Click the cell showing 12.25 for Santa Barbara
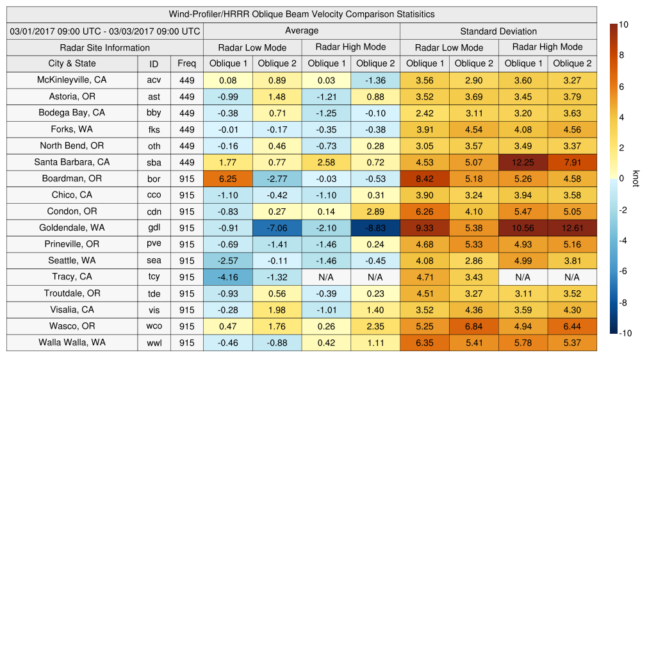coord(523,162)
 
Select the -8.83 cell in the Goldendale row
coord(375,227)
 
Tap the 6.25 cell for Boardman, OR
coord(228,179)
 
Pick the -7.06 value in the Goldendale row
coord(277,227)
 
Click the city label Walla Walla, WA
coord(72,342)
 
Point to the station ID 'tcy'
coord(154,277)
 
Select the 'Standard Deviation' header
coord(498,31)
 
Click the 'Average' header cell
coord(301,31)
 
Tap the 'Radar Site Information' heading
coord(104,47)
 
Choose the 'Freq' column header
coord(187,63)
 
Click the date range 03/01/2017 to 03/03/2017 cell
coord(104,31)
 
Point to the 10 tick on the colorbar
coord(623,24)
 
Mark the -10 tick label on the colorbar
coord(625,333)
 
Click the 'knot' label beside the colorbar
coord(636,179)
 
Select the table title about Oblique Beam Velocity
coord(301,14)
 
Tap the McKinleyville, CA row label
coord(72,80)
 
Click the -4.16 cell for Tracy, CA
coord(228,277)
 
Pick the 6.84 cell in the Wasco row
coord(474,325)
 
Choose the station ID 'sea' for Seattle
coord(154,261)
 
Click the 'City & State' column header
coord(72,63)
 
